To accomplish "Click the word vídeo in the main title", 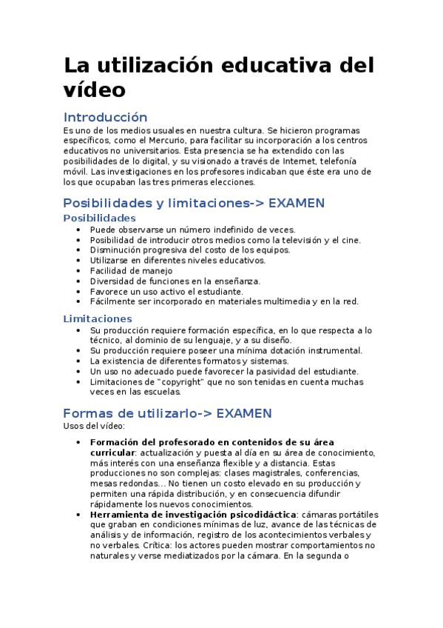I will pos(95,90).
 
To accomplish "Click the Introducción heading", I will pos(105,117).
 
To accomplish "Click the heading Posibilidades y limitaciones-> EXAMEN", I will pos(194,203).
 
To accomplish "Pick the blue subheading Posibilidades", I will pos(99,218).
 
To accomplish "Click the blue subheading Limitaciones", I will pos(98,318).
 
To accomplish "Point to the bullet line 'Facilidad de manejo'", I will pos(131,270).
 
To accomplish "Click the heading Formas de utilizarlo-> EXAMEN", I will pos(167,413).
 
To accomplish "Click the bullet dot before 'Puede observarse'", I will pos(78,229).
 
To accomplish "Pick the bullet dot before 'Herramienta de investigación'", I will pos(78,514).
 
